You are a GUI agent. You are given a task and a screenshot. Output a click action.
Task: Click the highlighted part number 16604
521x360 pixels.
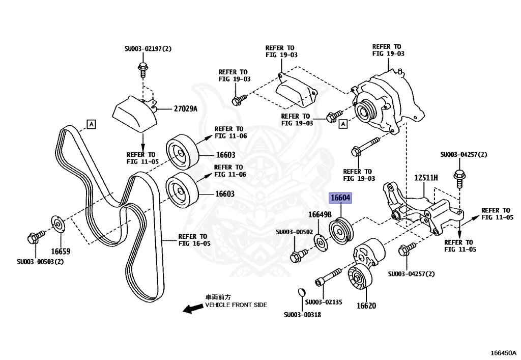click(x=340, y=198)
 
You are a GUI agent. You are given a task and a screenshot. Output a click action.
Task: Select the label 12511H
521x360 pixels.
click(x=426, y=178)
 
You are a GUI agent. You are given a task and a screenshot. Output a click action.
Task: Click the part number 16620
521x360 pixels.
click(x=366, y=306)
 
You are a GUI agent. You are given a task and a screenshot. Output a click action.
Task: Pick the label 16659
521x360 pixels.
click(x=60, y=251)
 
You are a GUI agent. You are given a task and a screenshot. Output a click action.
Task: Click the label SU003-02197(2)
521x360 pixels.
click(x=148, y=49)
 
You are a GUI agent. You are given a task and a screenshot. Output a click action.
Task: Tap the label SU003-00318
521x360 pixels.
click(x=302, y=315)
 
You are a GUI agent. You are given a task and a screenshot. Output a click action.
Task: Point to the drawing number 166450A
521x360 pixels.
click(x=503, y=352)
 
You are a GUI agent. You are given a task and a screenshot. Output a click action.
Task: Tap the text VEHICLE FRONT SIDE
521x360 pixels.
click(x=236, y=305)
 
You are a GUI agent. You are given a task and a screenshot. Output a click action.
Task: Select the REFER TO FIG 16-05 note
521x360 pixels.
click(x=192, y=240)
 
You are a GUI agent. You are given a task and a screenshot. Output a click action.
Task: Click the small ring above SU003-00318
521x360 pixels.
click(x=301, y=292)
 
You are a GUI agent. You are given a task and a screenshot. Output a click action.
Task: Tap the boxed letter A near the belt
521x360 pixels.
click(x=91, y=123)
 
